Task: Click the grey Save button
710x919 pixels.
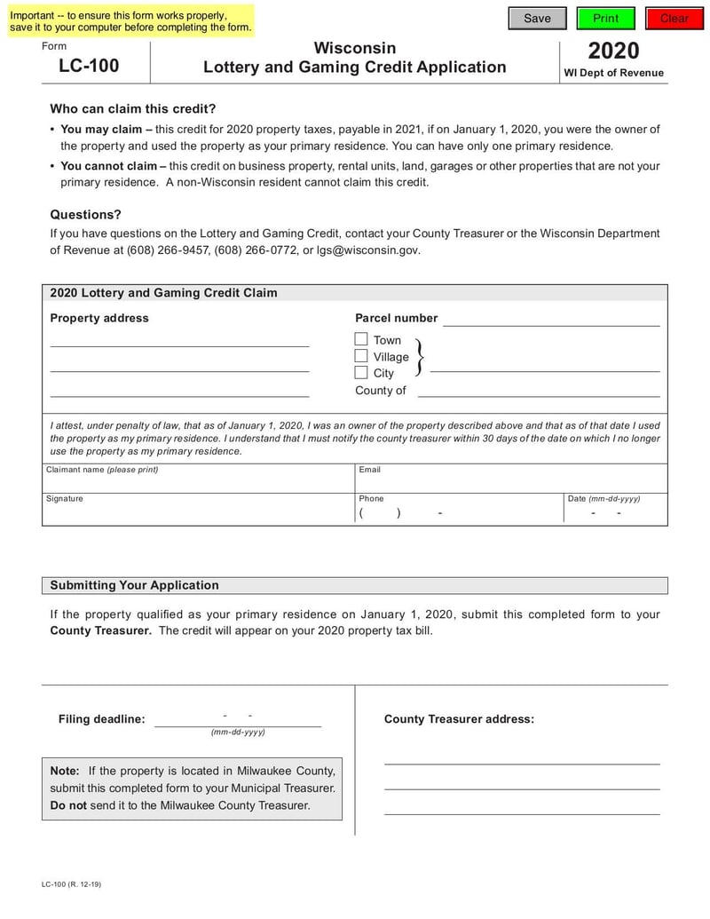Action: point(536,19)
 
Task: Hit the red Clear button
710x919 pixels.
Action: point(674,19)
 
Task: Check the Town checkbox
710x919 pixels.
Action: point(361,339)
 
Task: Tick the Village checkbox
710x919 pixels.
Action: point(361,356)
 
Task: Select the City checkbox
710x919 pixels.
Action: point(361,373)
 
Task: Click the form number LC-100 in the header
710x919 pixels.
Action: point(89,66)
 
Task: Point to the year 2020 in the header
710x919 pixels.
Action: point(613,51)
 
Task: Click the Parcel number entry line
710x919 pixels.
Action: point(551,319)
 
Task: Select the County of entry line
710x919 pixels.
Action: point(539,390)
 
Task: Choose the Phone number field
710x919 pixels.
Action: point(458,513)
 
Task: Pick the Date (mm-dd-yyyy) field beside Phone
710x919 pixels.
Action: point(615,513)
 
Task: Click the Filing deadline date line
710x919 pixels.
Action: point(238,718)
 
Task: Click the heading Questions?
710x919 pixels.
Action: point(85,215)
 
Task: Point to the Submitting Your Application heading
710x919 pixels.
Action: point(134,585)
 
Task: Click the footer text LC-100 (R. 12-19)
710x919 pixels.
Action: point(71,885)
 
